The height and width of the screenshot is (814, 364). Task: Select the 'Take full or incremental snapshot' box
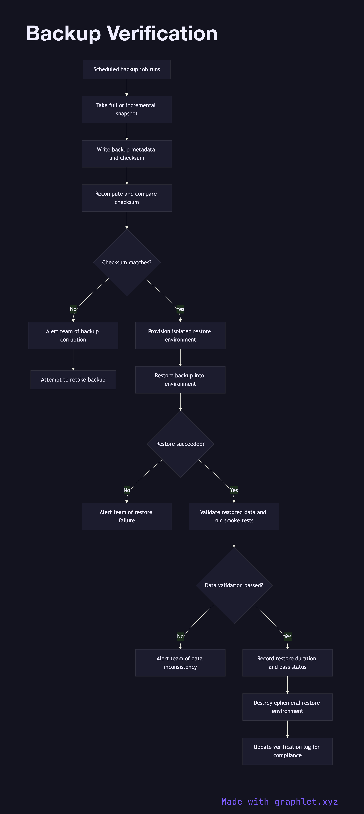click(x=127, y=109)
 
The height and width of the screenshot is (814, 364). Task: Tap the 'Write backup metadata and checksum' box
click(x=127, y=154)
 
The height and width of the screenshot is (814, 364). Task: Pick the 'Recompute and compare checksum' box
click(x=127, y=198)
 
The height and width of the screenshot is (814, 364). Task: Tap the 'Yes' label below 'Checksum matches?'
click(x=180, y=309)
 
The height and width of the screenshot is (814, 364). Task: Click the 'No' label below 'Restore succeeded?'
click(x=127, y=490)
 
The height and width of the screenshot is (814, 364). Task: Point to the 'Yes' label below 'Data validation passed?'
click(x=287, y=636)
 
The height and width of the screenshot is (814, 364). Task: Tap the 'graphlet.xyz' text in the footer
click(x=306, y=802)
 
